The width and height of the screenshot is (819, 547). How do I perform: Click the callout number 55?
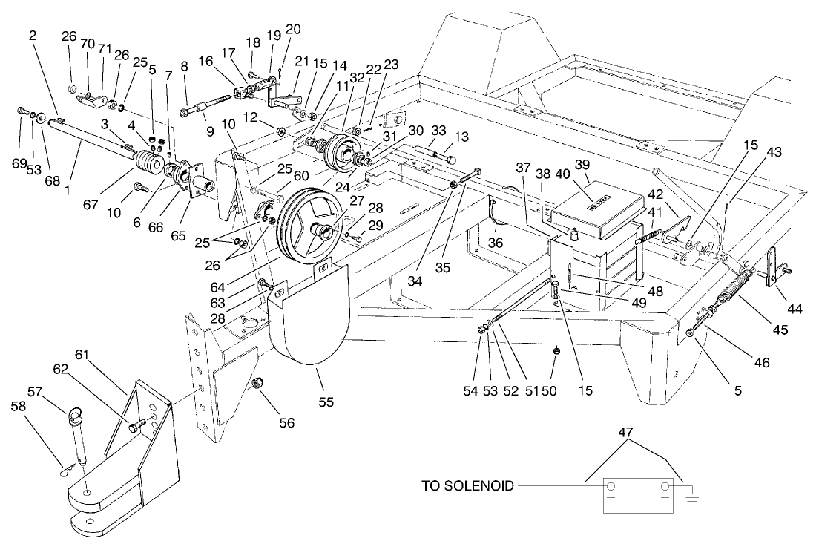pos(326,402)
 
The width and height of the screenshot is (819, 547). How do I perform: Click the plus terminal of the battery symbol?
pos(611,487)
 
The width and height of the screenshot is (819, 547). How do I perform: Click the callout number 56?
pos(286,422)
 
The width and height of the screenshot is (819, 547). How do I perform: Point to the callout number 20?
pos(293,29)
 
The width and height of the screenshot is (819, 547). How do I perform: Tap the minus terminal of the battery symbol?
pos(665,487)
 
